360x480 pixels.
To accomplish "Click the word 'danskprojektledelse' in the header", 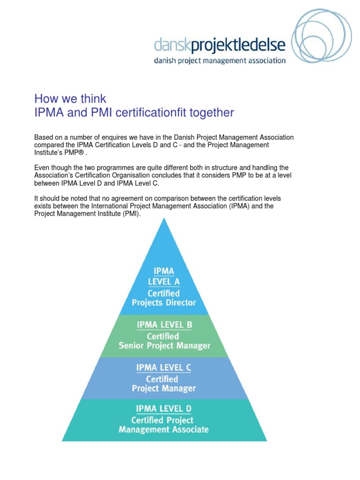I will (220, 45).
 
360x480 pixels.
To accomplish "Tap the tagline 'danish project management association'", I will (220, 60).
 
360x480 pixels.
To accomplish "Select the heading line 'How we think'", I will (70, 99).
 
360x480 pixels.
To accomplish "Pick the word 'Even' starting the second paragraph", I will (42, 167).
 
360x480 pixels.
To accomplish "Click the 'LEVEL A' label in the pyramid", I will (164, 282).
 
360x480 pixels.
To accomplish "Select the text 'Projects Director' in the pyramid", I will (164, 303).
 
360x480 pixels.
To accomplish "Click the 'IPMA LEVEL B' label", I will (164, 324).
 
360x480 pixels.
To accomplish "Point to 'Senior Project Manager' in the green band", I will (164, 346).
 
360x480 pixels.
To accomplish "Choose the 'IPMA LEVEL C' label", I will (164, 367).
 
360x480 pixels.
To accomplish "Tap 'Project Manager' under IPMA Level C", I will (164, 389).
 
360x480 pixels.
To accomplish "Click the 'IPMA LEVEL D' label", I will (164, 410).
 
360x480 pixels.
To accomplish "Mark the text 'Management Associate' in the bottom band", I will (164, 429).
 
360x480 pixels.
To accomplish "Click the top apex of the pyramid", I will (164, 219).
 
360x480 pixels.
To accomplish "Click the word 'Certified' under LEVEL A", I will (164, 293).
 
